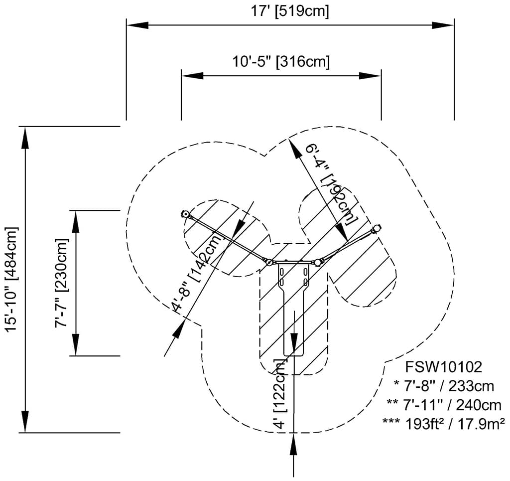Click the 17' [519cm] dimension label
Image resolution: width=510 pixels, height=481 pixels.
[290, 11]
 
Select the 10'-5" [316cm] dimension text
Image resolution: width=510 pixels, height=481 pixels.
[281, 62]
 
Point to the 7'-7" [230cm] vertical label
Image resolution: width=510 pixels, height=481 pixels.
[62, 283]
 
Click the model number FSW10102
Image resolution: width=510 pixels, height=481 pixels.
[443, 367]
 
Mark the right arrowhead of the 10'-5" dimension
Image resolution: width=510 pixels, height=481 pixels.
[371, 76]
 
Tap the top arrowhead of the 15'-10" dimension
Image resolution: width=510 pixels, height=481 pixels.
[24, 138]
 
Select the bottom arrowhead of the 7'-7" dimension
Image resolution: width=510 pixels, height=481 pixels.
[76, 345]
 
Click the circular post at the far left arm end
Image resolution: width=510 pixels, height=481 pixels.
[185, 214]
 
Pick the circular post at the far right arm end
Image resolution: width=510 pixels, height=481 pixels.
[377, 228]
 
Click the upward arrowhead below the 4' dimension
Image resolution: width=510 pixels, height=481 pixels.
[294, 444]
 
